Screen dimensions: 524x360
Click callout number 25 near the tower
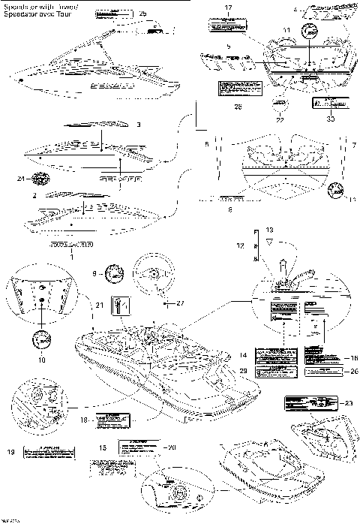point(144,14)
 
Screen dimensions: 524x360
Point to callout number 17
point(228,7)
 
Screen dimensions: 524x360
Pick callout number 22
point(280,119)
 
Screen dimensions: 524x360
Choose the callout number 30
point(330,118)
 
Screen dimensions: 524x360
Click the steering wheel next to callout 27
point(153,276)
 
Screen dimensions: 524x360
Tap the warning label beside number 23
point(305,402)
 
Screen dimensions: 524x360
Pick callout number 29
point(242,371)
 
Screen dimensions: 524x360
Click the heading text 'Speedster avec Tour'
point(37,14)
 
